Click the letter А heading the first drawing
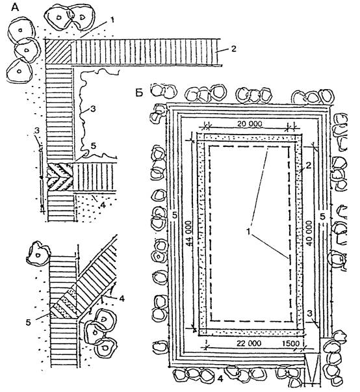(15, 8)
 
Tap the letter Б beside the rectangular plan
(140, 93)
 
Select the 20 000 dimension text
(250, 124)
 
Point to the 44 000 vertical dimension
(189, 233)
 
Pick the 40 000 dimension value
(309, 233)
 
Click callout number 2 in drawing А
(233, 49)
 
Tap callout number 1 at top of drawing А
(112, 20)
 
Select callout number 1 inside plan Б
(249, 232)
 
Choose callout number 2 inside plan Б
(308, 165)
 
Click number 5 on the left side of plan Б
(175, 215)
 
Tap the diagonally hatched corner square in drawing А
(58, 51)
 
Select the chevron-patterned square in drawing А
(60, 177)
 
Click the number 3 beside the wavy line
(93, 109)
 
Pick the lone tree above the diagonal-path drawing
(38, 253)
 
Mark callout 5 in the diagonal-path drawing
(28, 322)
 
